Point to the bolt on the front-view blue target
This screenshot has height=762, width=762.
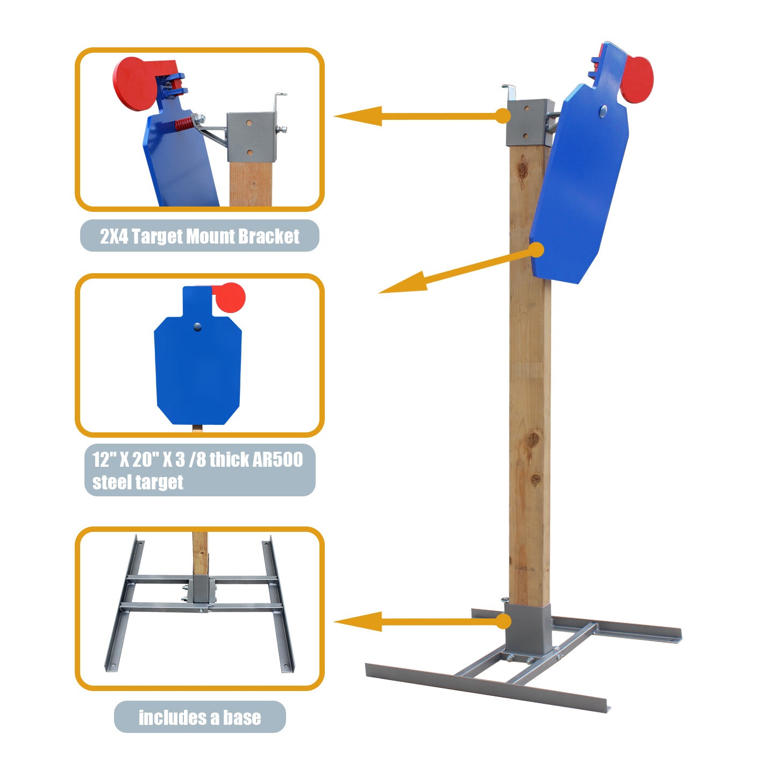point(197,326)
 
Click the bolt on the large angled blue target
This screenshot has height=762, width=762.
point(603,111)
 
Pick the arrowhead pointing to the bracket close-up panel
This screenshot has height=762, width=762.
point(358,116)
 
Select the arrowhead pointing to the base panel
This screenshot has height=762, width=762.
point(358,622)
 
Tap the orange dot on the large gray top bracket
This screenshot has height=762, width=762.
point(503,116)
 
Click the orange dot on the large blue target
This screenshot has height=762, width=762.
point(536,250)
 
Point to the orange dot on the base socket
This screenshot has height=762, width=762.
point(503,621)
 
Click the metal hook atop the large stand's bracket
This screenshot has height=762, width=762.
point(509,91)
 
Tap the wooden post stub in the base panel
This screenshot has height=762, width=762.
point(200,553)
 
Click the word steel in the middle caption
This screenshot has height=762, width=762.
point(110,482)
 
